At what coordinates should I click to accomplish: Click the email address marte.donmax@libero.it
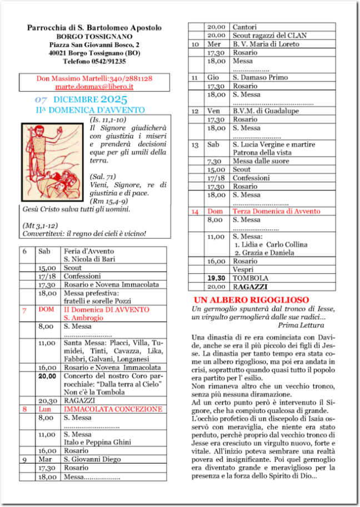click(x=94, y=87)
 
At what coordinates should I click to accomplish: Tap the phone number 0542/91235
click(x=109, y=62)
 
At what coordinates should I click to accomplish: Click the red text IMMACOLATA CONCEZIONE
click(x=112, y=409)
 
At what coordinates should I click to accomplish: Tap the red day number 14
click(x=195, y=212)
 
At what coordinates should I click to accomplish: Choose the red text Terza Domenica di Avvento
click(x=276, y=212)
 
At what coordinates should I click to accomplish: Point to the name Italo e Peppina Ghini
click(x=97, y=443)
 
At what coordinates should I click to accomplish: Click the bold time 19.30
click(x=216, y=278)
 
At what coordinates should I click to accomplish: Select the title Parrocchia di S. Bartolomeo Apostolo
click(x=94, y=27)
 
